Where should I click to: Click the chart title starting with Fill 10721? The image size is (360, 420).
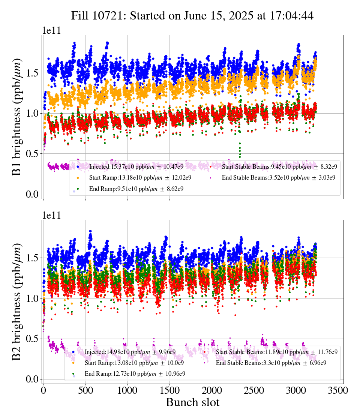point(192,15)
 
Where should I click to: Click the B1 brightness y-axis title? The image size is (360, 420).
point(16,117)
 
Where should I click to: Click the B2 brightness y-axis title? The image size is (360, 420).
point(16,302)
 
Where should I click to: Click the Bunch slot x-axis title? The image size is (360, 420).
point(193,402)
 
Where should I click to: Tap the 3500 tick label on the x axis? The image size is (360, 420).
point(338,390)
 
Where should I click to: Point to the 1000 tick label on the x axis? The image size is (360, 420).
point(127,390)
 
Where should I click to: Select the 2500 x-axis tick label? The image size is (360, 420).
point(254,390)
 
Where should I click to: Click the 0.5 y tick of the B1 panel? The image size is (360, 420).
point(32,154)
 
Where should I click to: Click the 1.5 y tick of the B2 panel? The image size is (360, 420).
point(32,258)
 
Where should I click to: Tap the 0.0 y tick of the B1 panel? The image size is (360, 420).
point(32,194)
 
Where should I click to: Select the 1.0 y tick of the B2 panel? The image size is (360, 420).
point(32,298)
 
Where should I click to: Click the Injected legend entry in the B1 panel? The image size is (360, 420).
point(130,166)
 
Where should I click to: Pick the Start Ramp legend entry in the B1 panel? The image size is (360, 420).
point(134,178)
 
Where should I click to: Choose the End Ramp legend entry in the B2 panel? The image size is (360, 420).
point(129,373)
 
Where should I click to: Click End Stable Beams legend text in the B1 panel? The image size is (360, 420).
point(279,178)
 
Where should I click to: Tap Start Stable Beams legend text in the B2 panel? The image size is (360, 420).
point(277,352)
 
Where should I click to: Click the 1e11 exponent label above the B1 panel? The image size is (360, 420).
point(51,30)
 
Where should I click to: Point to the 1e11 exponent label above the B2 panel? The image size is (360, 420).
point(51,215)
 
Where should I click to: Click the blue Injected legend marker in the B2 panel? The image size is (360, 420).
point(73,352)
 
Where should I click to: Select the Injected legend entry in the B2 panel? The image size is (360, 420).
point(124,352)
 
